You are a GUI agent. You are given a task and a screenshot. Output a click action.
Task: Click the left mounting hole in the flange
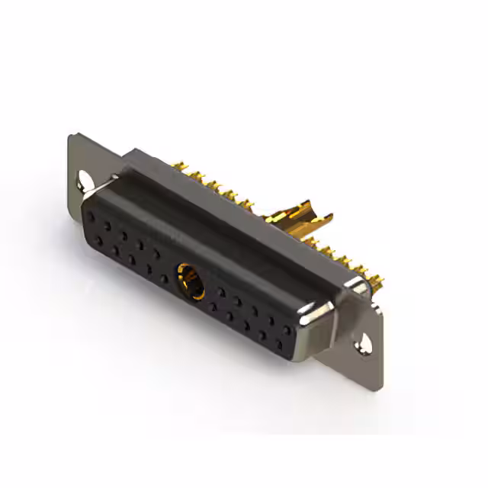pos(84,181)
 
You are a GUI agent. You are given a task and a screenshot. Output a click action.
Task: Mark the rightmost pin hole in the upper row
pos(287,330)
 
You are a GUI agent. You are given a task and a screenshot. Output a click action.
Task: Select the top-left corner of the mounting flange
pos(70,137)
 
